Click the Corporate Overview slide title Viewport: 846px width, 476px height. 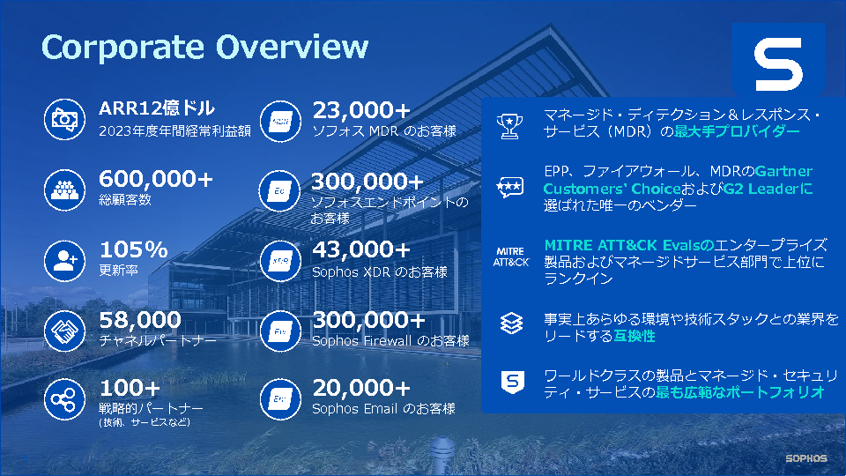point(205,47)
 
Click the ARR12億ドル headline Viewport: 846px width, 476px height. point(157,108)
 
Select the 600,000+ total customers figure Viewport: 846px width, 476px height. point(156,179)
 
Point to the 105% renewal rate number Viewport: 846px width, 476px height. point(134,249)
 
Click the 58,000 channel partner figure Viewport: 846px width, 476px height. point(140,320)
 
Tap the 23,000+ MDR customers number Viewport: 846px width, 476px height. point(361,110)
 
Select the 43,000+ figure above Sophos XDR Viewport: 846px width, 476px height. point(361,249)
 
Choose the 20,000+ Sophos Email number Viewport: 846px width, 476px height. point(361,388)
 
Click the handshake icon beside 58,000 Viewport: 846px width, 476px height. point(64,331)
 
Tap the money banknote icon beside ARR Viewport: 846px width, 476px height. point(64,119)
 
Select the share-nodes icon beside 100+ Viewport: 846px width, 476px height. point(64,399)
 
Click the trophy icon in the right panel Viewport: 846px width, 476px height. point(509,126)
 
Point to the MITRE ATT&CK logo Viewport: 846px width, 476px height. point(511,257)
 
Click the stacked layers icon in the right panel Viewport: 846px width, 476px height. point(511,324)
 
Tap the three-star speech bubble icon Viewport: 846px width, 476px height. point(510,187)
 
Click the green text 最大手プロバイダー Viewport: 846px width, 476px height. point(737,131)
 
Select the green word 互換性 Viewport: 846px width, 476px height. point(634,336)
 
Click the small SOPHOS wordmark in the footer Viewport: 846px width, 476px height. point(806,458)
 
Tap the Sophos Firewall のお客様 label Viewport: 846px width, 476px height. point(390,341)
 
